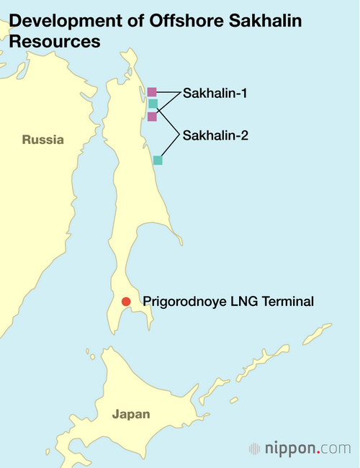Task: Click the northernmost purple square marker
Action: (x=152, y=92)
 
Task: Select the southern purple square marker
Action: (x=152, y=117)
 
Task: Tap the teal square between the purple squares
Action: (x=153, y=104)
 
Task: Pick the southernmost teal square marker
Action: (x=158, y=161)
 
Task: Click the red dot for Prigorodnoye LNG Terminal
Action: (x=126, y=302)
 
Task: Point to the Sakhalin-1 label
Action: (x=216, y=94)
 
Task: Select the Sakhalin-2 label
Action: (x=216, y=135)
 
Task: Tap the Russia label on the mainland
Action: (x=42, y=140)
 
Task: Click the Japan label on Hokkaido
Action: (x=131, y=414)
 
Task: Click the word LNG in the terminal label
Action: (x=237, y=302)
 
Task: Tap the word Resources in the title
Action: (x=54, y=42)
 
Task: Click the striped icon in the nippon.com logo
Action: (x=254, y=448)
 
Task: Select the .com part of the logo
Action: (x=334, y=448)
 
